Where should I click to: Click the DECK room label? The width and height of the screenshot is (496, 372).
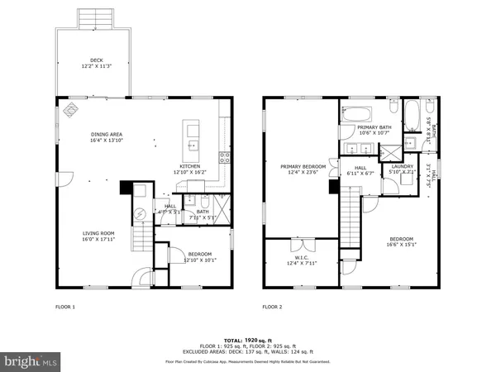98,63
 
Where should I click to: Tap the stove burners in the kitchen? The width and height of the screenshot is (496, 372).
223,157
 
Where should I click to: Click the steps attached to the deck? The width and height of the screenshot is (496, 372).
98,19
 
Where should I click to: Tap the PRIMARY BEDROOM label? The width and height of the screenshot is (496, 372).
303,169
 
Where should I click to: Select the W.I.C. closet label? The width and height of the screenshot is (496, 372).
301,261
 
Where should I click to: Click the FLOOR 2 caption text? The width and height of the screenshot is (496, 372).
273,307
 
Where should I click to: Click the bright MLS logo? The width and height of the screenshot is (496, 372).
31,360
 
